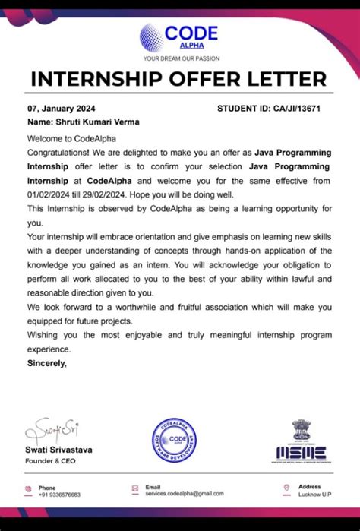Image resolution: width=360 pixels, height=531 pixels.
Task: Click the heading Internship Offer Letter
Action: pyautogui.click(x=179, y=79)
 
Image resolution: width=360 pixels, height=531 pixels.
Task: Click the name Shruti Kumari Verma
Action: pyautogui.click(x=83, y=122)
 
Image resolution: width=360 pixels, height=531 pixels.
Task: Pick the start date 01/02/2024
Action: pyautogui.click(x=52, y=194)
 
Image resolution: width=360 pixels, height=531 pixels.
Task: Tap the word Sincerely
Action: pyautogui.click(x=47, y=363)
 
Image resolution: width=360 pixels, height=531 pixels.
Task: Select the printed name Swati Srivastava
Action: pyautogui.click(x=60, y=450)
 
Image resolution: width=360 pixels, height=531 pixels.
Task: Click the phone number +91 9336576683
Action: pyautogui.click(x=60, y=495)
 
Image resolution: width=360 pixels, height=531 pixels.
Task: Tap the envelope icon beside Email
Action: pyautogui.click(x=134, y=490)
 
